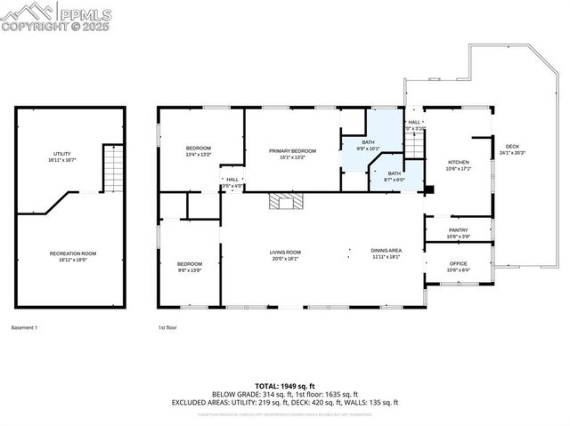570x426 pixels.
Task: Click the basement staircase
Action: pyautogui.click(x=112, y=169)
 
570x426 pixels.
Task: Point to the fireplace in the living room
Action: pyautogui.click(x=285, y=201)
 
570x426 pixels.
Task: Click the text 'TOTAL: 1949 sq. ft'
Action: pyautogui.click(x=284, y=385)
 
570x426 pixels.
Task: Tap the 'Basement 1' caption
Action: pyautogui.click(x=24, y=328)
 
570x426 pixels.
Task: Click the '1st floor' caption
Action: pyautogui.click(x=167, y=328)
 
